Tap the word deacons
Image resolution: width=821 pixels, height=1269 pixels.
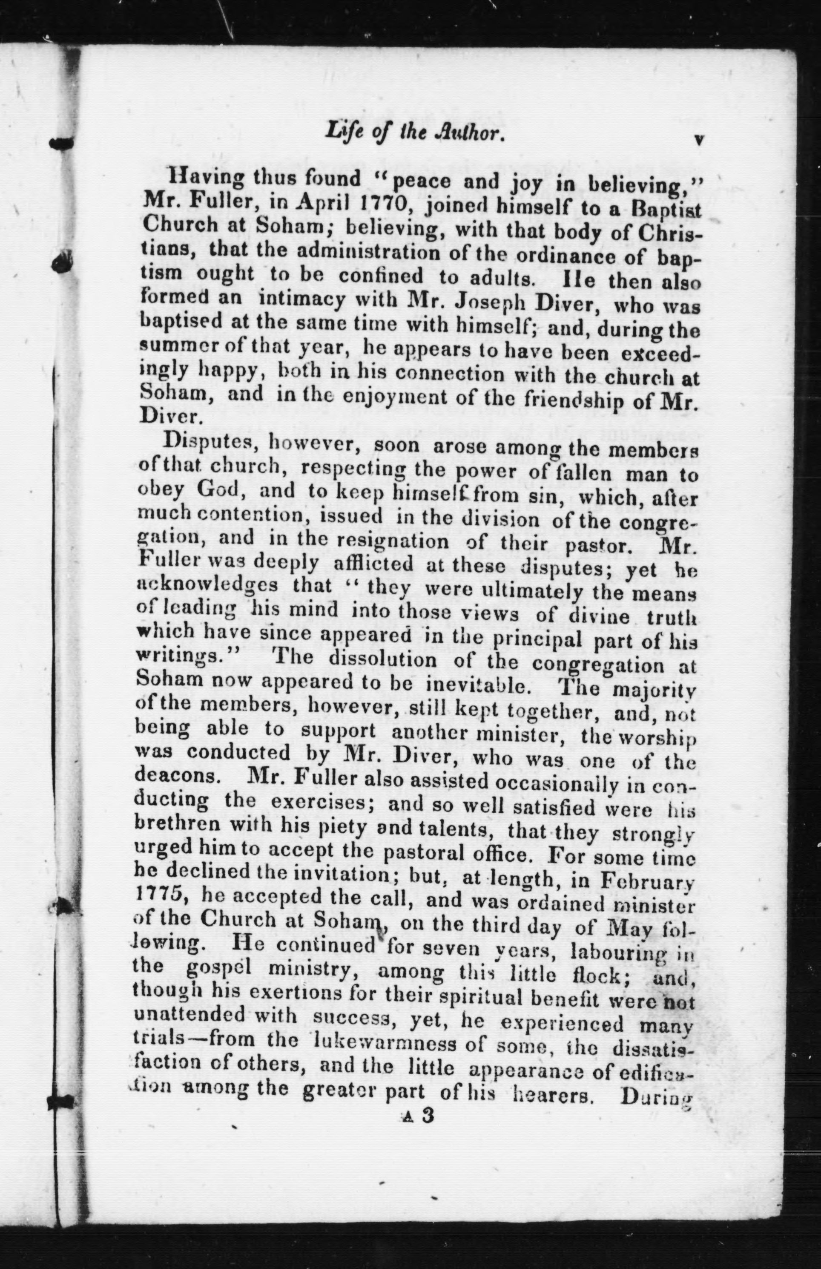pos(176,775)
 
